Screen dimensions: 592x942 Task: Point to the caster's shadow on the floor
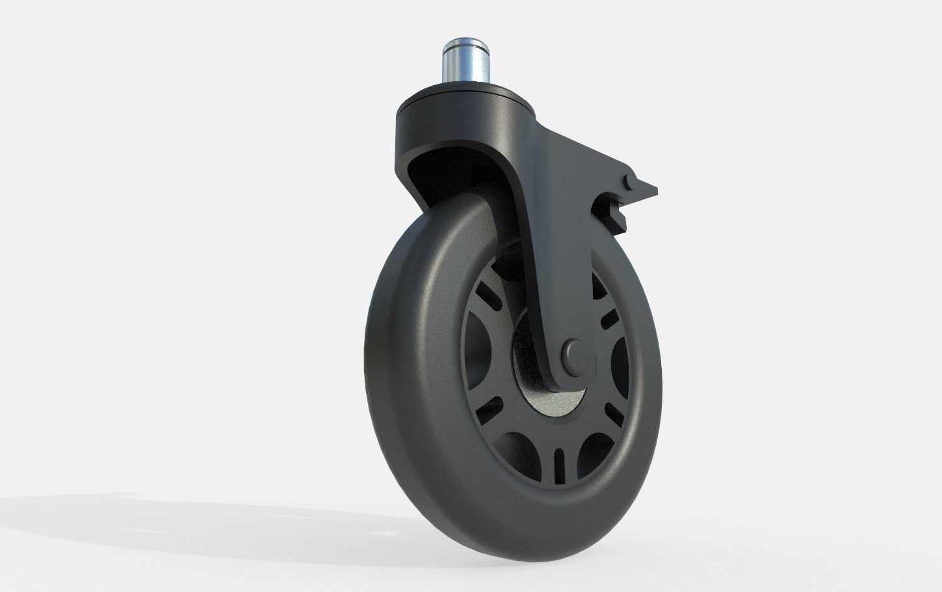[x=195, y=520]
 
